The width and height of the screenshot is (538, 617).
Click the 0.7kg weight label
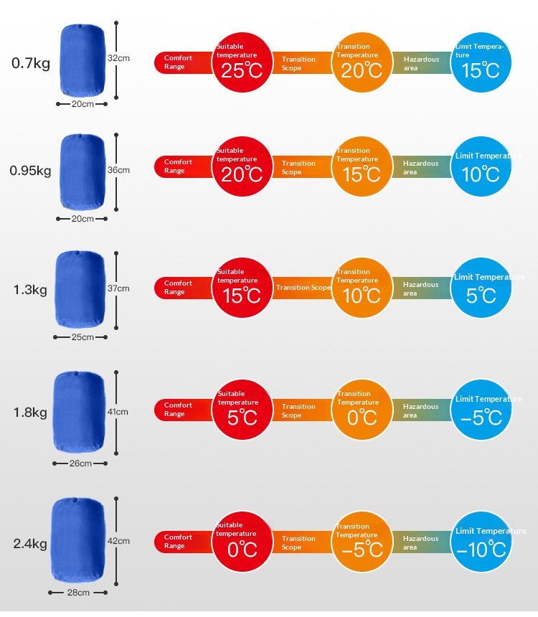click(x=31, y=63)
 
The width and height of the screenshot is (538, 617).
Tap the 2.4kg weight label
click(x=30, y=544)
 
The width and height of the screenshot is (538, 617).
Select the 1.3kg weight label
click(x=30, y=290)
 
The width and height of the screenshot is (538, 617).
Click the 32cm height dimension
click(x=118, y=57)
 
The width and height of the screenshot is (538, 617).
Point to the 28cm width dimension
click(x=78, y=593)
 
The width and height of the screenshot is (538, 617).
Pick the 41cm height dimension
click(x=118, y=412)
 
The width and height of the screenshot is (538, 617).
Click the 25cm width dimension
click(x=82, y=337)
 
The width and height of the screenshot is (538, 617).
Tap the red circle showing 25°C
click(x=242, y=62)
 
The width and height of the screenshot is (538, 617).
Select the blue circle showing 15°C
click(x=481, y=62)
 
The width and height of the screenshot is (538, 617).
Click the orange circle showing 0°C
click(x=362, y=410)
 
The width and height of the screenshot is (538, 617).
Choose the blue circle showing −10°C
click(x=481, y=542)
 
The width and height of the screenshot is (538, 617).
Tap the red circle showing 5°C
click(x=242, y=410)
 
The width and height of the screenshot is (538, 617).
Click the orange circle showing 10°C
click(x=362, y=288)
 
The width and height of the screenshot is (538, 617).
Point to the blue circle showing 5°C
click(x=481, y=288)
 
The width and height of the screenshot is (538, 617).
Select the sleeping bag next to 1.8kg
click(x=79, y=412)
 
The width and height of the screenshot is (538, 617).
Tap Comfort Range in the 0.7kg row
click(x=178, y=62)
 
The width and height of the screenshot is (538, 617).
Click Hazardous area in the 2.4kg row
click(x=420, y=542)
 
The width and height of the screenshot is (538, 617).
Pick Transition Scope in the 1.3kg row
click(x=303, y=288)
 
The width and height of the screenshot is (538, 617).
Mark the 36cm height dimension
click(x=118, y=170)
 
